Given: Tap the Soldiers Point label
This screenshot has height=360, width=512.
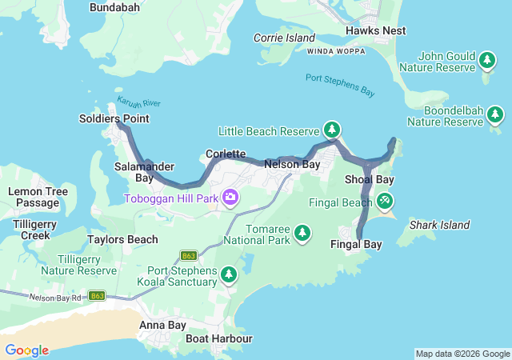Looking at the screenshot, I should point(114,118).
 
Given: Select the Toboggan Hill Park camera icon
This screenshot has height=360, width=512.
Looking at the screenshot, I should point(230,197).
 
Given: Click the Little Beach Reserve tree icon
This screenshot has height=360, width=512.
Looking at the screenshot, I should point(332,129).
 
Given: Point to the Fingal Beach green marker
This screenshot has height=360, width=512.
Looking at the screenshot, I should point(386,200).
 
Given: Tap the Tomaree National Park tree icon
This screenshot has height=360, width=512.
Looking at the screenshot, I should point(302,233).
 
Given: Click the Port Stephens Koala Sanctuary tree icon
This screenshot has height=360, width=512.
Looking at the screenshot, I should point(230,275).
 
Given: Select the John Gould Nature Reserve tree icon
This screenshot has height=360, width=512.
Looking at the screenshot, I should point(486,60).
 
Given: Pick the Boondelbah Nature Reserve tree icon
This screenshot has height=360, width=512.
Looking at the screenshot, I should point(496,116).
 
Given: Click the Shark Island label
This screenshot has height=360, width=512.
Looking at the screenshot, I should point(439,225).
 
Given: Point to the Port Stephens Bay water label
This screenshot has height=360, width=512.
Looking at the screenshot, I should point(340,85).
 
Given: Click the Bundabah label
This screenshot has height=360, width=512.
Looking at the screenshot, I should point(114,7).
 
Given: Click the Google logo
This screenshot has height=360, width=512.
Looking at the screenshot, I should point(26,350).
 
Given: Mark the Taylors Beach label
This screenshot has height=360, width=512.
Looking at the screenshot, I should point(122,238).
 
